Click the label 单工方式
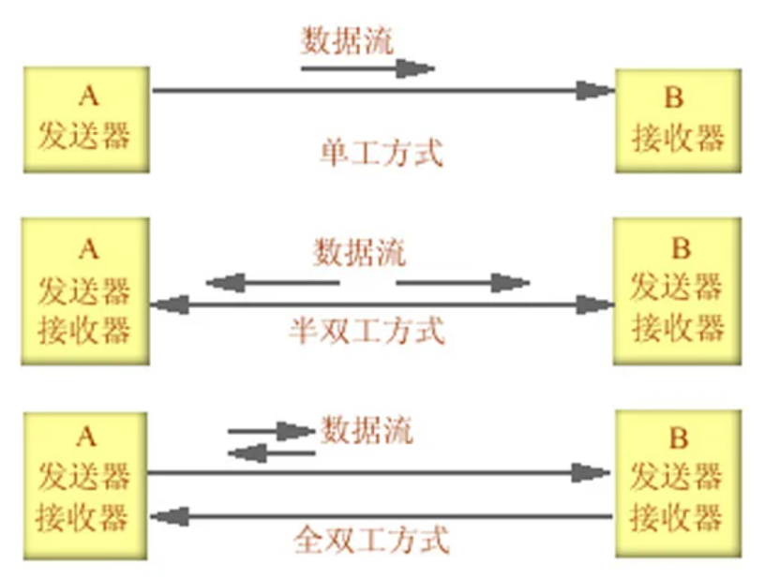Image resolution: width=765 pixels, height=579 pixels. [382, 153]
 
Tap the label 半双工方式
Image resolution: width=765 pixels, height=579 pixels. [367, 331]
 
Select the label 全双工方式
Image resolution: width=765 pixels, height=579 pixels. [371, 540]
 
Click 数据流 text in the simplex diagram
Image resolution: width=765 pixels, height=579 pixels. [348, 40]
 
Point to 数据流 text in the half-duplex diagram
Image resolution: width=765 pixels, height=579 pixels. [360, 252]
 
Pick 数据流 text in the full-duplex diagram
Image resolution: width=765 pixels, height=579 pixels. [367, 430]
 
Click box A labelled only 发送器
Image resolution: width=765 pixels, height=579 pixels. [86, 120]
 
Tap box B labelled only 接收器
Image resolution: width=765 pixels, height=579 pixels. [678, 121]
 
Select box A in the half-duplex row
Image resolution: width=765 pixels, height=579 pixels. [85, 291]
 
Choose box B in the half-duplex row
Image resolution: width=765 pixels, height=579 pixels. [677, 291]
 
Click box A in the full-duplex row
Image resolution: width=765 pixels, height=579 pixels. [85, 485]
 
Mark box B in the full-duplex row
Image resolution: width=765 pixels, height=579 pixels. [678, 483]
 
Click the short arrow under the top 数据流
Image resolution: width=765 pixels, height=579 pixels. [367, 68]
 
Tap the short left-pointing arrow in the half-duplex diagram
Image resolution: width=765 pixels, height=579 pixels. [273, 283]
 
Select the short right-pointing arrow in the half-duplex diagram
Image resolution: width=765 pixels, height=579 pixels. [462, 283]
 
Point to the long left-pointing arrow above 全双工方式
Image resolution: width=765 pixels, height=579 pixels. [382, 516]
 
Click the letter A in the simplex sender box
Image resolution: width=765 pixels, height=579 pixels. [88, 96]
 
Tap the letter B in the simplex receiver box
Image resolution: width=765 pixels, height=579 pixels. [674, 97]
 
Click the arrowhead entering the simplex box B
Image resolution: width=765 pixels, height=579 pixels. [595, 91]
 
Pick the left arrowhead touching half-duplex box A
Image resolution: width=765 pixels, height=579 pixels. [170, 305]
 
